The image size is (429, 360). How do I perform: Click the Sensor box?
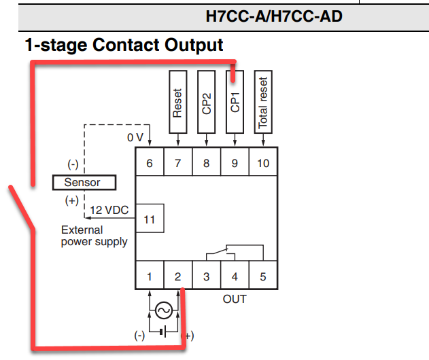84,182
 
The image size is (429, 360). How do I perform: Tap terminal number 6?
149,162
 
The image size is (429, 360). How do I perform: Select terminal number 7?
177,162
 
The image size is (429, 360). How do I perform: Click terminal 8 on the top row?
206,162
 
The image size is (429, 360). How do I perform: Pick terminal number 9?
234,162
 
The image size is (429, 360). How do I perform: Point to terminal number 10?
262,162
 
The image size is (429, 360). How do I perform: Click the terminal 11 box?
149,219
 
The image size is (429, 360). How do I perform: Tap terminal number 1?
149,276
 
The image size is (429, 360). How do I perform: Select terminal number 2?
177,276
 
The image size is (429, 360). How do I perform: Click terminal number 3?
206,276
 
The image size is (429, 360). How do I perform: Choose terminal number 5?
262,276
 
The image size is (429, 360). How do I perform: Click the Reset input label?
177,102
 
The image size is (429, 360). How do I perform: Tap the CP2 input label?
207,102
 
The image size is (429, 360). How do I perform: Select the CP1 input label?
235,102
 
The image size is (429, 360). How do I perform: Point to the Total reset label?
263,102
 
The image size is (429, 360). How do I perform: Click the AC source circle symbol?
163,310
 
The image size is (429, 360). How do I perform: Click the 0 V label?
135,137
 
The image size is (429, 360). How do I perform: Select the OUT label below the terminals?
235,299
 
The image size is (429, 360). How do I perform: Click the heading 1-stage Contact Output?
124,46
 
